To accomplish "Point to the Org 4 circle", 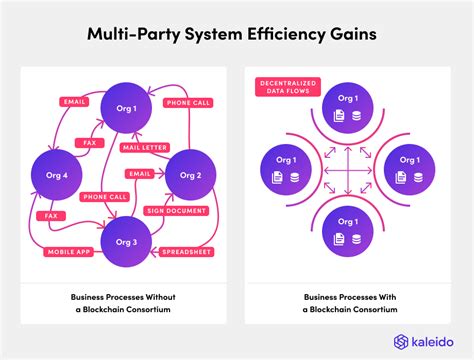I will click(x=56, y=176).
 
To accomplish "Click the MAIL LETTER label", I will click(x=146, y=147).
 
